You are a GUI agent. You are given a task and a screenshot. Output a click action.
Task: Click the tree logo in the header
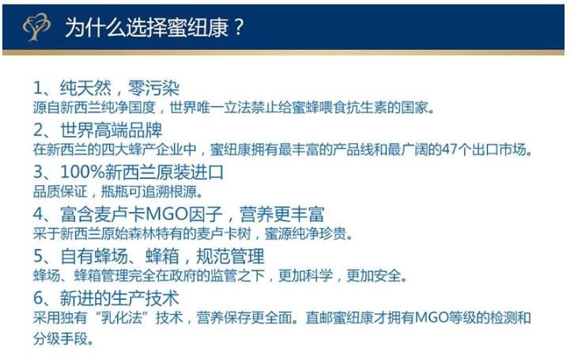pos(36,27)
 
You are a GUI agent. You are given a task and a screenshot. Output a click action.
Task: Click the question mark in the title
pos(239,27)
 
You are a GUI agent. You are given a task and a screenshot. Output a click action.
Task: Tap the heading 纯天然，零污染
pos(119,88)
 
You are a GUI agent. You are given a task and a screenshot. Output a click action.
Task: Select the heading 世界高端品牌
pos(111,130)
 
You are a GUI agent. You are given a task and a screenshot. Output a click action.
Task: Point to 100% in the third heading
pos(82,172)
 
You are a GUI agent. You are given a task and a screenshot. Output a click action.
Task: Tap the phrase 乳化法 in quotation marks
pos(121,317)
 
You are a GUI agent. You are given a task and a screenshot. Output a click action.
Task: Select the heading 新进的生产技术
pos(119,297)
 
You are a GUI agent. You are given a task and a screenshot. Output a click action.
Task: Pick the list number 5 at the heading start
pos(38,256)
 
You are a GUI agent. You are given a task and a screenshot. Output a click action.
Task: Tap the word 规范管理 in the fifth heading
pos(230,256)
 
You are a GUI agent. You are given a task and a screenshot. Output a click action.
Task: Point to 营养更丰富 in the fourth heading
pos(282,214)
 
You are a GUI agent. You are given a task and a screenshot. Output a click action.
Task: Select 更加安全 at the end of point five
pos(373,275)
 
